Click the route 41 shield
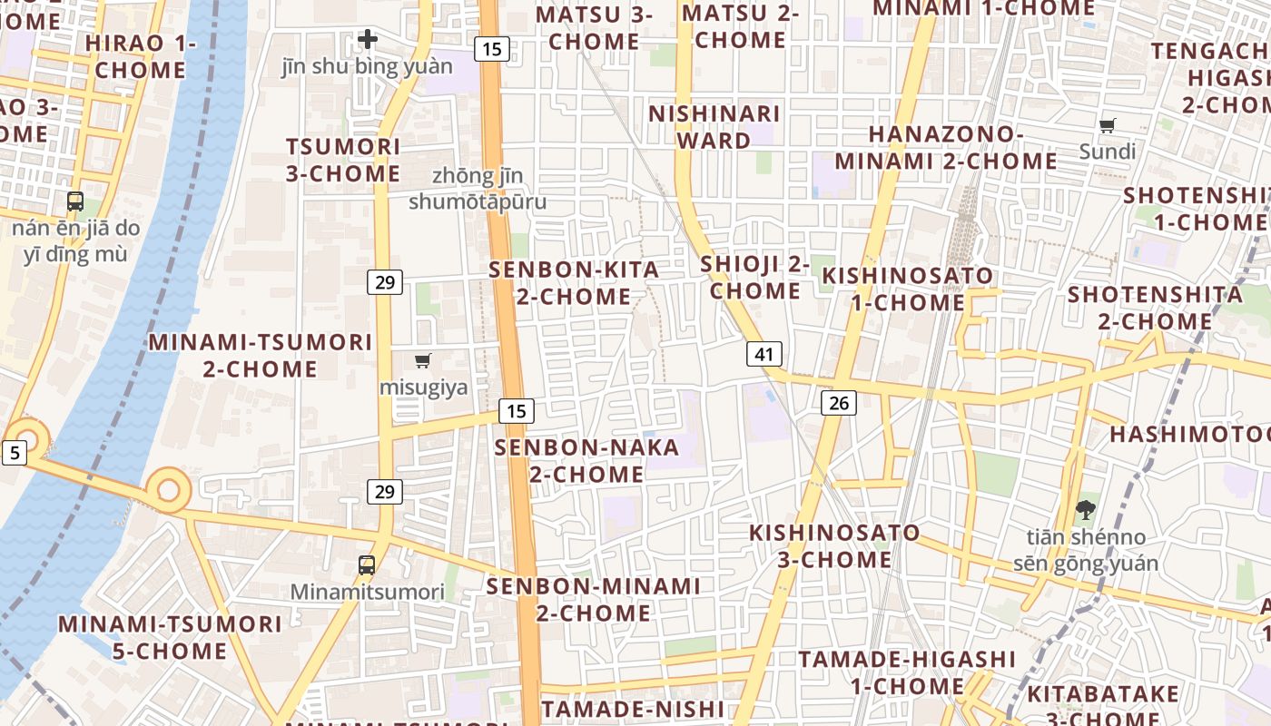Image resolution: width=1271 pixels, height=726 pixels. tap(764, 354)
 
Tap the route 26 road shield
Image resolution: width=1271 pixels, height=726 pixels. tap(838, 402)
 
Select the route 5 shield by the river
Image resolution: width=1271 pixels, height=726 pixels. tap(14, 452)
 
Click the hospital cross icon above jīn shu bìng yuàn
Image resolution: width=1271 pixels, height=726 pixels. tap(367, 39)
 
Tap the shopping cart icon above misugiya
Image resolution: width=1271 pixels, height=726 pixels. tap(422, 361)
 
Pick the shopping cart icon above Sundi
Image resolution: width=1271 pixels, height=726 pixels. tap(1107, 125)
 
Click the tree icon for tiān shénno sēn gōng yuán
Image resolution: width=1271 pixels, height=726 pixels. tap(1085, 510)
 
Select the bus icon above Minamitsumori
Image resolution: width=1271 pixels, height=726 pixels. tap(367, 564)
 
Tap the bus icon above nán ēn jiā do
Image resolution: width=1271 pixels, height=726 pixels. tap(75, 201)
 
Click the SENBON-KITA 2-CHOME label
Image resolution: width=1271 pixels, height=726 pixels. tap(574, 283)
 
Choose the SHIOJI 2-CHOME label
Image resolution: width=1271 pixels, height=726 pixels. tap(754, 278)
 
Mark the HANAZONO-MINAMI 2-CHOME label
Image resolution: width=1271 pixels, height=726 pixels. tap(946, 148)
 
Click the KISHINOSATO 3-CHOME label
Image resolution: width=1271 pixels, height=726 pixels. tap(834, 546)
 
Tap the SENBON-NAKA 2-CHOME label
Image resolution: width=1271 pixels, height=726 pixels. tap(586, 461)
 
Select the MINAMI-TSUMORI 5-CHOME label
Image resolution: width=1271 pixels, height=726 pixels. tap(170, 638)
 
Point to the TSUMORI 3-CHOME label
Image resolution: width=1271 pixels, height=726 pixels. tap(343, 160)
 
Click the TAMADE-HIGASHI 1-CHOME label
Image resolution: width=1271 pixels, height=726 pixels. tap(907, 672)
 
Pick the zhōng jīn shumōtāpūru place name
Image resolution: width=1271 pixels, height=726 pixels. tap(478, 189)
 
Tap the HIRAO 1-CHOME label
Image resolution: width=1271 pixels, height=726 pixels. tap(141, 56)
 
